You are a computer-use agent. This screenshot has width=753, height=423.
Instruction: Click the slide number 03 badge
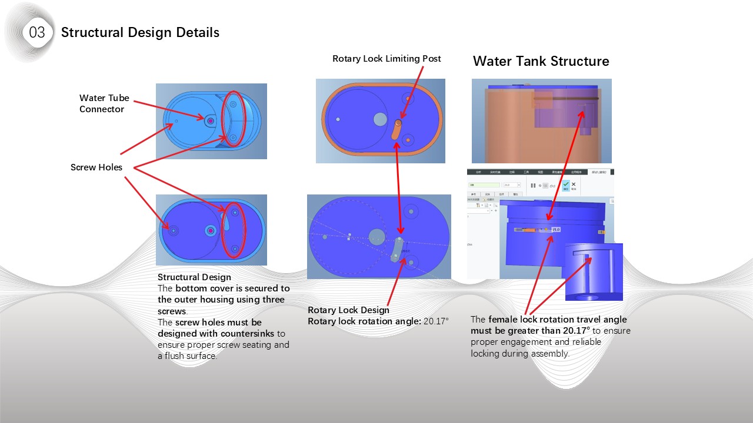[36, 32]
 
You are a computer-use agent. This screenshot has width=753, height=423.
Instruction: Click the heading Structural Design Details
[140, 32]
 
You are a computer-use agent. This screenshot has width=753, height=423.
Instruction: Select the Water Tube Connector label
[104, 103]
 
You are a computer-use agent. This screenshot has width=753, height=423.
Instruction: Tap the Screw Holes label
[96, 167]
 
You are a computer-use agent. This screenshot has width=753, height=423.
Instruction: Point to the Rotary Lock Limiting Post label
[387, 59]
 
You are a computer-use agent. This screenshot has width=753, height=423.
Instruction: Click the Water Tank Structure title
[541, 61]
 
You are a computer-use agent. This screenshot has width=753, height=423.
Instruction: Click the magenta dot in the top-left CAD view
[211, 120]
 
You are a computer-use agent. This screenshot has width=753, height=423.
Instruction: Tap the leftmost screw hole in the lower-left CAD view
[173, 231]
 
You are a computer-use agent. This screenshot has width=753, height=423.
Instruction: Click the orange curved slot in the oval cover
[397, 129]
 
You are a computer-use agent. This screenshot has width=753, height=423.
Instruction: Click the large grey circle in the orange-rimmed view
[380, 119]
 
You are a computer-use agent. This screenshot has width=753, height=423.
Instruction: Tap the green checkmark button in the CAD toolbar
[565, 184]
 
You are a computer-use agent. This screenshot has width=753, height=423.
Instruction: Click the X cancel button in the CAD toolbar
[574, 184]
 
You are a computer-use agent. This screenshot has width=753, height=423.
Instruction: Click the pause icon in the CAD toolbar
[534, 185]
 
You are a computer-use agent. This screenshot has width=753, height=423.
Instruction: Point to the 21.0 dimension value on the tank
[556, 229]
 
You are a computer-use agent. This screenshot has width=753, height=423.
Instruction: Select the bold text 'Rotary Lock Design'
[348, 310]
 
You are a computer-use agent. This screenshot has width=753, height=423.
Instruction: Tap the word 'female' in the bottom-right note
[503, 320]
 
